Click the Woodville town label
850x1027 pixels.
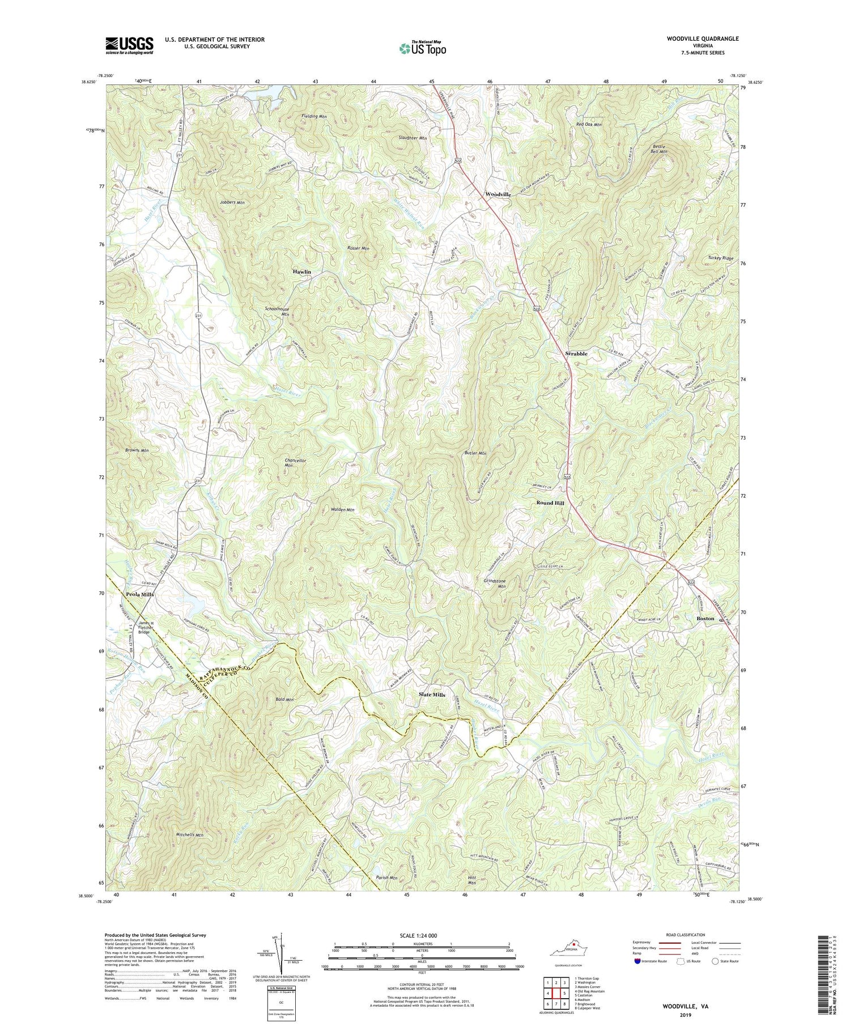tap(498, 194)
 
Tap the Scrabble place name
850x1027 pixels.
tap(576, 353)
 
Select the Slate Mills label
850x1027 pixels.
tap(432, 694)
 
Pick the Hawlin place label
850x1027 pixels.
tap(301, 272)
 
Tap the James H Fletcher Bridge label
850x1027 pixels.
tap(139, 627)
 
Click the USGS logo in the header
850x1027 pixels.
tap(129, 45)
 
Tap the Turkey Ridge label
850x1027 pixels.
tap(720, 258)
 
